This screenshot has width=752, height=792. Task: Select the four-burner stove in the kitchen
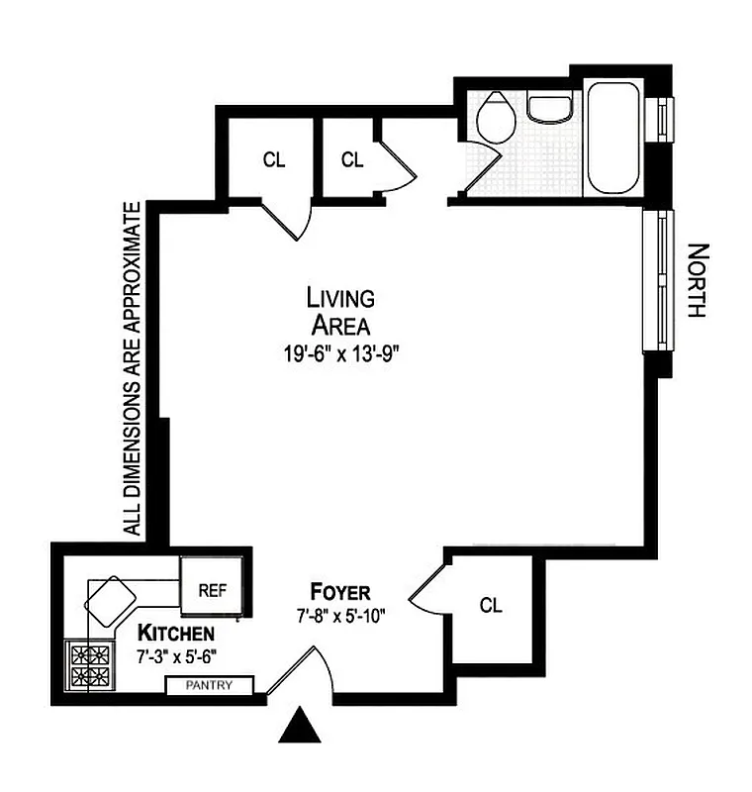pos(87,666)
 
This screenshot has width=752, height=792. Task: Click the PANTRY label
pos(209,685)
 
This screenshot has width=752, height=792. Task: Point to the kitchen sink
pos(112,598)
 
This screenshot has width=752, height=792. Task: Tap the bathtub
pos(614,139)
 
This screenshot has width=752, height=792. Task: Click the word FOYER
pos(340,593)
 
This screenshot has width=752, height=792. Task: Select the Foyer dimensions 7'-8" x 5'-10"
pos(340,615)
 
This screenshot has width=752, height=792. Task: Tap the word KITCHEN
pos(176,633)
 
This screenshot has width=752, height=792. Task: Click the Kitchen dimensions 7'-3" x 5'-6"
pos(176,654)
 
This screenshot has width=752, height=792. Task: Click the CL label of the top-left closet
pos(274,159)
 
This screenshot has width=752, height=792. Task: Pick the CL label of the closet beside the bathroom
pos(352,158)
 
